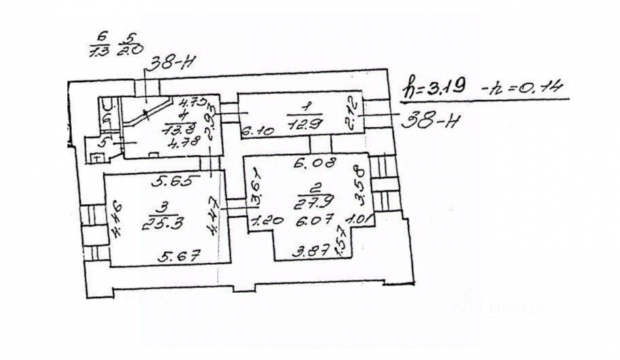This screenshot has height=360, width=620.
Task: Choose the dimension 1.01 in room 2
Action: [359, 220]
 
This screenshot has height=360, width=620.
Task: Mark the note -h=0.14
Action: [523, 87]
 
